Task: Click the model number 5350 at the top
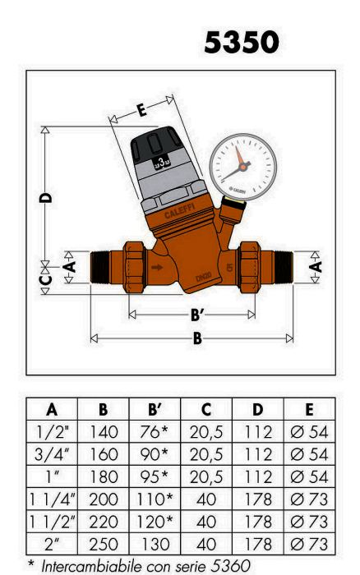pyautogui.click(x=242, y=42)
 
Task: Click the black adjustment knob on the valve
pyautogui.click(x=155, y=145)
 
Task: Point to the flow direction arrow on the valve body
pyautogui.click(x=157, y=267)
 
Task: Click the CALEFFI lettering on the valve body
pyautogui.click(x=179, y=211)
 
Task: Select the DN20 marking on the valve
pyautogui.click(x=203, y=277)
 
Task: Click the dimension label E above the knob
pyautogui.click(x=141, y=109)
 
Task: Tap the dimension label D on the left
pyautogui.click(x=46, y=198)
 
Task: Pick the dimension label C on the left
pyautogui.click(x=45, y=280)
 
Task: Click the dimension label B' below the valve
pyautogui.click(x=197, y=315)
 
